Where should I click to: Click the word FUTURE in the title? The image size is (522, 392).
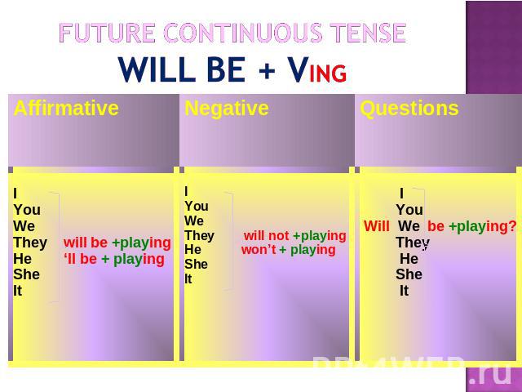(x=107, y=33)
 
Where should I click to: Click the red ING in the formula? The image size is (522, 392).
(x=328, y=73)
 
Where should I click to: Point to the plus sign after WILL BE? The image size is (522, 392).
(x=267, y=70)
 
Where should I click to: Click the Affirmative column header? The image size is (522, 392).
(x=66, y=108)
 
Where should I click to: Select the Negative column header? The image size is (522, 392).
(x=227, y=108)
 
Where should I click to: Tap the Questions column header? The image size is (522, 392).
(x=409, y=109)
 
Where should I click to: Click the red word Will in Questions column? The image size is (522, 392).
(x=377, y=226)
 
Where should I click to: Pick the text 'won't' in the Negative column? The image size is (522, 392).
(x=259, y=250)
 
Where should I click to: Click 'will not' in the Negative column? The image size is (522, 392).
(x=267, y=236)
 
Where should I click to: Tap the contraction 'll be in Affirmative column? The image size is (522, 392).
(x=80, y=259)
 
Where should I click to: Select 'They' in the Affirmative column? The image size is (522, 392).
(x=30, y=243)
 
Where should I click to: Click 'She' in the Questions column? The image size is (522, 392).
(x=409, y=274)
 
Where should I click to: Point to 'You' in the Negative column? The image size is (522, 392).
(x=197, y=207)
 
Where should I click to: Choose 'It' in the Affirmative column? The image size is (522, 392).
(x=18, y=291)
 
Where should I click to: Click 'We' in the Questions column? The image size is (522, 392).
(x=409, y=226)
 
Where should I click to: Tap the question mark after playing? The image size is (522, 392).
(x=512, y=226)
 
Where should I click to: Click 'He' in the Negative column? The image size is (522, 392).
(x=192, y=250)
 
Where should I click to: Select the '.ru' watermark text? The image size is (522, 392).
(x=489, y=375)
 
